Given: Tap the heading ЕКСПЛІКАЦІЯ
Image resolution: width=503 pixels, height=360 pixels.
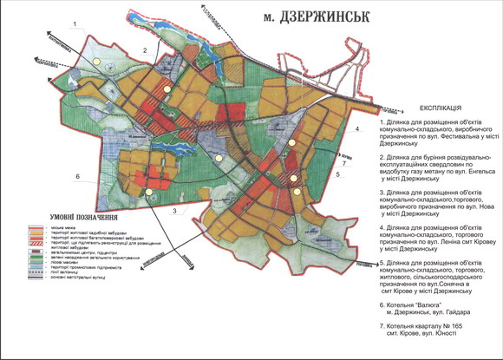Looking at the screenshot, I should pyautogui.click(x=427, y=110).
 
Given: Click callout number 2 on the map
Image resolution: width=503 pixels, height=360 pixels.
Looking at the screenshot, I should pyautogui.click(x=145, y=51).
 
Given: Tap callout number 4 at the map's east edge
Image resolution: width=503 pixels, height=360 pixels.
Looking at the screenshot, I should pyautogui.click(x=356, y=128).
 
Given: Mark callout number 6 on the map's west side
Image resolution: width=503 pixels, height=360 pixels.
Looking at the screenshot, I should pyautogui.click(x=77, y=176).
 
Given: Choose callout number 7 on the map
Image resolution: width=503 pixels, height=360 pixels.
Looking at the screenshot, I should pyautogui.click(x=343, y=162).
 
